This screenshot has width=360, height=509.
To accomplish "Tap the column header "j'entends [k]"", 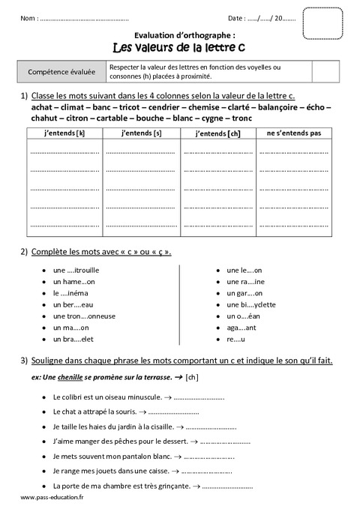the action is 65,133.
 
